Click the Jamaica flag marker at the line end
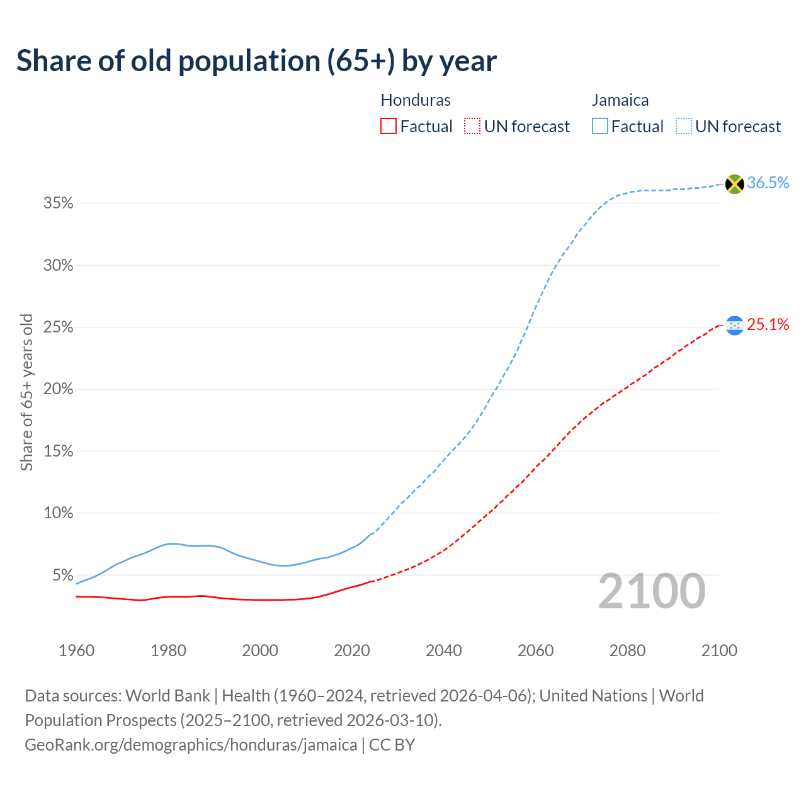tap(734, 184)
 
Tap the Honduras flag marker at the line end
tap(734, 326)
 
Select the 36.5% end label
tap(768, 183)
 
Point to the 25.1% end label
tap(768, 324)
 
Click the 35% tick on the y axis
tap(58, 203)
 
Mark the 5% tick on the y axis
tap(62, 576)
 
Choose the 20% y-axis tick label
tap(58, 389)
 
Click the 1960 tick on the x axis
tap(76, 650)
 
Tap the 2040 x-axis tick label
tap(443, 650)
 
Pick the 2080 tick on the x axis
tap(627, 650)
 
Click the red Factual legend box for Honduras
tap(389, 127)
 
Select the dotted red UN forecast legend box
tap(472, 127)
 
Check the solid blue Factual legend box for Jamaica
tap(600, 127)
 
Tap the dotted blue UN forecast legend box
tap(684, 127)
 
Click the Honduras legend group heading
tap(416, 100)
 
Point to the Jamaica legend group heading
tap(620, 100)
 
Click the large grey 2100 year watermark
tap(651, 591)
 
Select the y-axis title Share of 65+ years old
tap(26, 392)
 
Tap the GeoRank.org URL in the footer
tap(191, 745)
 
